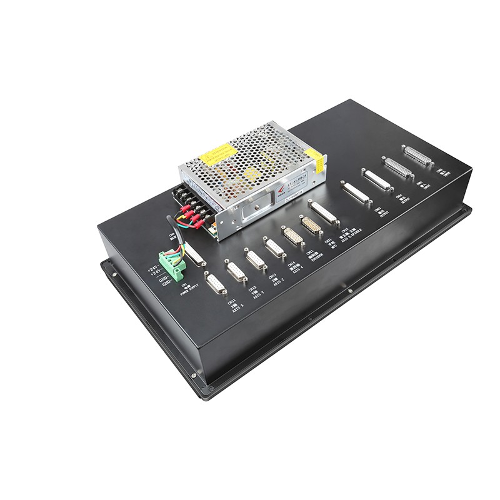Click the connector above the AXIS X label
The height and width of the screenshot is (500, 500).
tap(215, 284)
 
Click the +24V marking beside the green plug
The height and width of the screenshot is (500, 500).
tap(153, 270)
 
